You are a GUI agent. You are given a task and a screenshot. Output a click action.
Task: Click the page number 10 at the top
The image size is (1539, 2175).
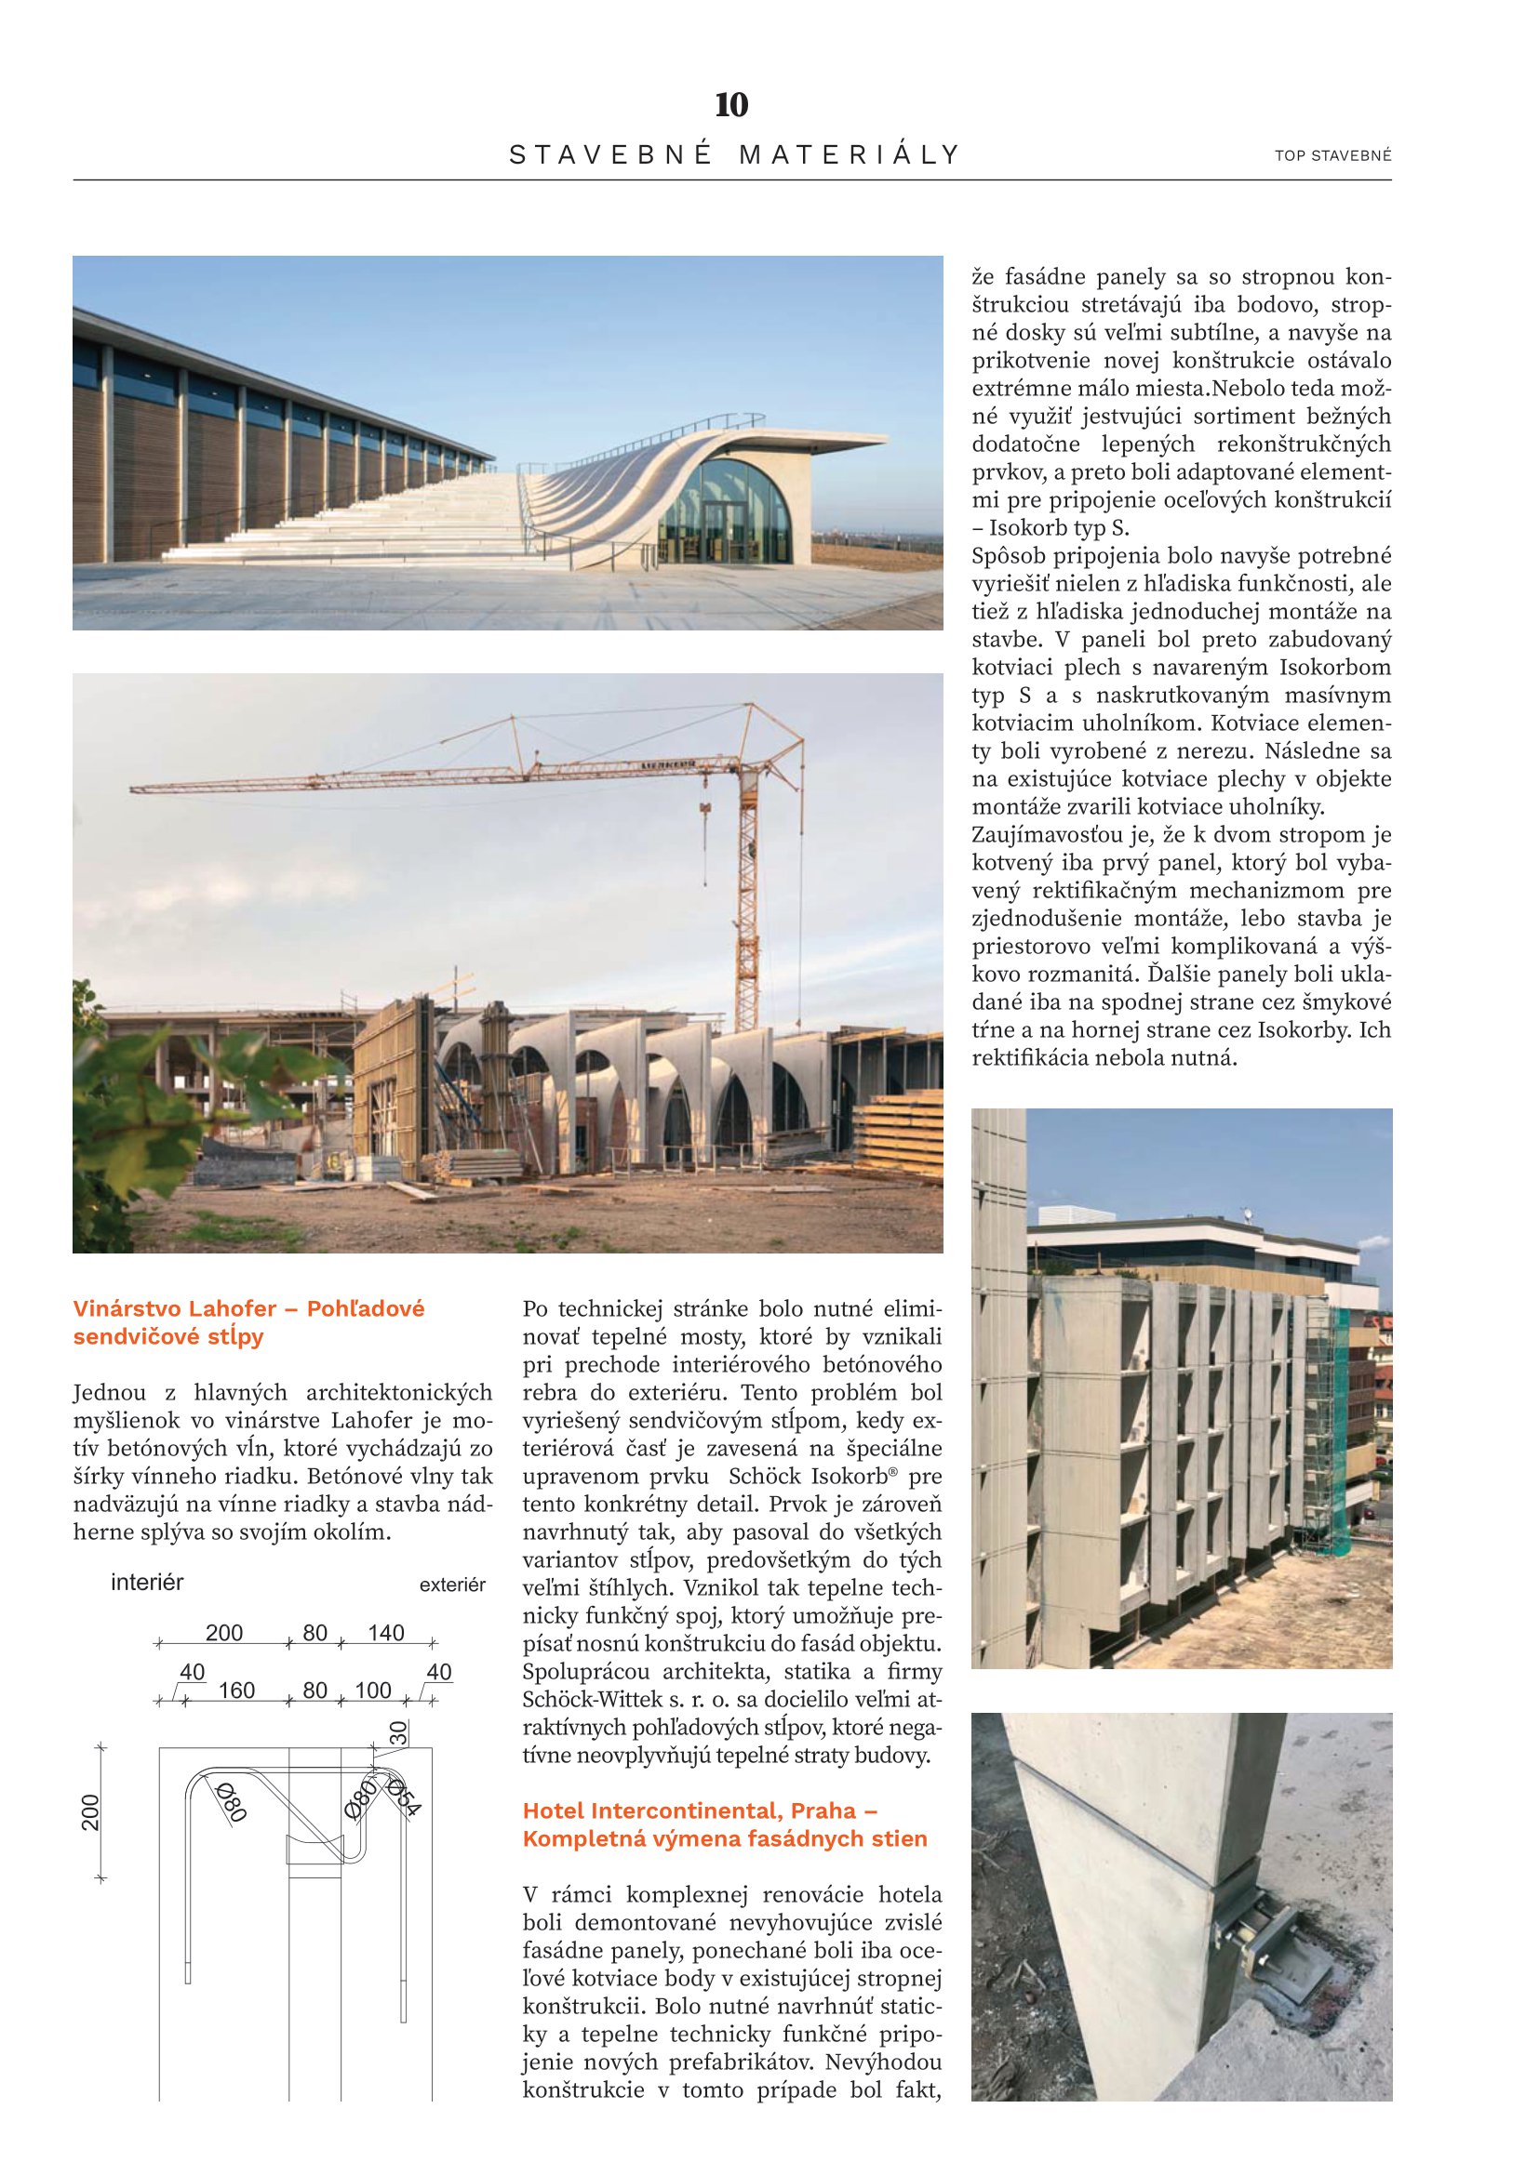[x=730, y=105]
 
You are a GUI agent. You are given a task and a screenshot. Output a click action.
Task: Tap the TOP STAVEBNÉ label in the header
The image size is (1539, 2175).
[x=1332, y=155]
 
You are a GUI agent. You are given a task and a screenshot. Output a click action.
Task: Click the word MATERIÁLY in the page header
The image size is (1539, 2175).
[x=850, y=154]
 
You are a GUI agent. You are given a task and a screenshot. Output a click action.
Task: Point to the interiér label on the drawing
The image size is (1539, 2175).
[x=147, y=1582]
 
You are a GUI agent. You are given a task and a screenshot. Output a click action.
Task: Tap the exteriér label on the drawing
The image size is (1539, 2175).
[x=452, y=1585]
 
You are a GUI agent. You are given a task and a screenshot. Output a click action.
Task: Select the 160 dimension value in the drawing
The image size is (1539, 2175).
[x=236, y=1691]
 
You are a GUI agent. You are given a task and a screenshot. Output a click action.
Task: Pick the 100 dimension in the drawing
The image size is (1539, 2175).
[x=372, y=1691]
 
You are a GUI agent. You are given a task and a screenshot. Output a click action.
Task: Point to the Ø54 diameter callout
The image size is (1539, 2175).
[x=403, y=1797]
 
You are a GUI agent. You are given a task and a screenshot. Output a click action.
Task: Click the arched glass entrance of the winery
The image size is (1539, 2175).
[x=725, y=511]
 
